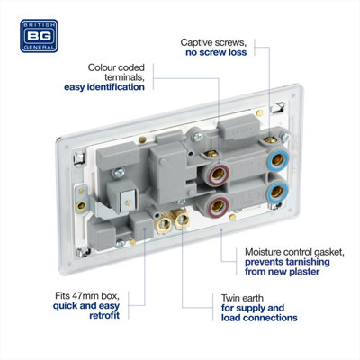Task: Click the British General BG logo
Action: click(x=39, y=36)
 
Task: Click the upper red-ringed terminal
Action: click(x=218, y=174)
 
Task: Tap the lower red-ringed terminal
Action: click(x=218, y=206)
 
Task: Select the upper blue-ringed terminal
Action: click(x=278, y=159)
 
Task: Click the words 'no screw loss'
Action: click(x=216, y=52)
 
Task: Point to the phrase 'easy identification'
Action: click(x=104, y=87)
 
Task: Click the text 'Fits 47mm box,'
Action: click(x=87, y=296)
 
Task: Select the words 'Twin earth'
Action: click(x=242, y=298)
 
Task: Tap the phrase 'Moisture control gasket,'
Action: click(x=294, y=252)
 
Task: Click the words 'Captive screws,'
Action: click(x=213, y=42)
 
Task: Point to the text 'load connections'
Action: click(x=259, y=318)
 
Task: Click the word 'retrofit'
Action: click(x=104, y=315)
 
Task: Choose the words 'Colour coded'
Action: click(x=116, y=67)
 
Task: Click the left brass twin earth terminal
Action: click(x=163, y=224)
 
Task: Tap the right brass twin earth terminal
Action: click(x=181, y=220)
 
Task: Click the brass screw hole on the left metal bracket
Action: click(x=81, y=206)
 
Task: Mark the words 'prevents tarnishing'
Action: click(x=287, y=262)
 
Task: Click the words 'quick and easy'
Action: click(x=86, y=306)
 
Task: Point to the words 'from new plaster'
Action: click(x=283, y=272)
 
